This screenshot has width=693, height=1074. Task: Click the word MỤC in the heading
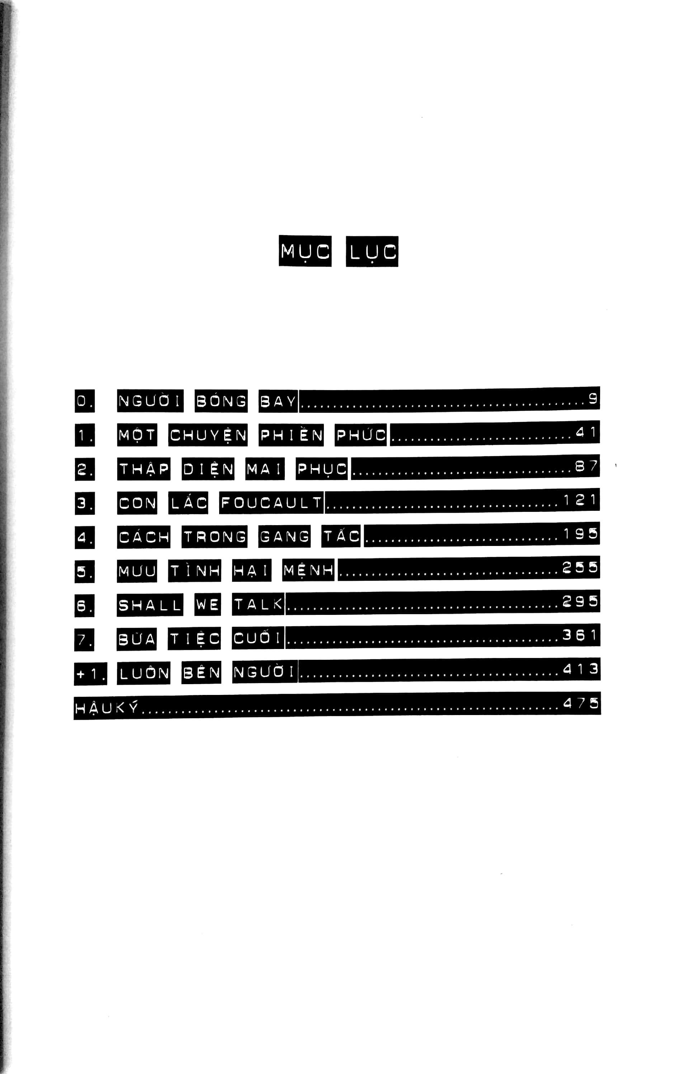[305, 251]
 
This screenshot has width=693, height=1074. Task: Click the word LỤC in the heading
[372, 251]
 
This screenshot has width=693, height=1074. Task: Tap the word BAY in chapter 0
[278, 401]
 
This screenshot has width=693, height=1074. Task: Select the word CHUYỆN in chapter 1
[208, 435]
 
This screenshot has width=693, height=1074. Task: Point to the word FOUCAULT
[271, 502]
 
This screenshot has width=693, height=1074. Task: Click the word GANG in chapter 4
[284, 536]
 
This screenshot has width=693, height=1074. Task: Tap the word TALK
[258, 604]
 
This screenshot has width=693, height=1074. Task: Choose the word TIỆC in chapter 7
[194, 638]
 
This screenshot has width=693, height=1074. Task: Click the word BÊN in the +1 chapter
[202, 672]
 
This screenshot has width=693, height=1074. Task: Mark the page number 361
[580, 635]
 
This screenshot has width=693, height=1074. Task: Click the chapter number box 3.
[85, 503]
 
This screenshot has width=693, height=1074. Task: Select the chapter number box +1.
[90, 674]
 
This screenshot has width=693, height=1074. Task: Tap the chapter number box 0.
[85, 401]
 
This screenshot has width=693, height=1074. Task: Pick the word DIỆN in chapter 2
[208, 469]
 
